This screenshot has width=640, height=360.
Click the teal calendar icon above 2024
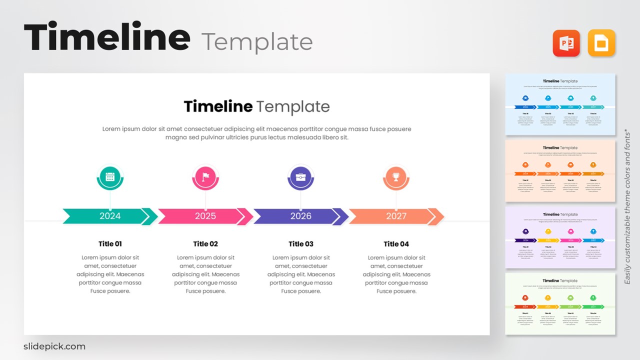click(x=110, y=176)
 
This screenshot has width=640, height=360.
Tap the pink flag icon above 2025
click(x=205, y=176)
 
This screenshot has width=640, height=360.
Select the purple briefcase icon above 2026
click(x=300, y=176)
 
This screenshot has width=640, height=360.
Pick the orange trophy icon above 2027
click(x=396, y=176)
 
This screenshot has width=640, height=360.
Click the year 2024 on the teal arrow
click(x=110, y=216)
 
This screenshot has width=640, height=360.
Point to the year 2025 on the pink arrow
click(x=205, y=216)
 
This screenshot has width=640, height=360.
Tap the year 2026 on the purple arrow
click(x=300, y=216)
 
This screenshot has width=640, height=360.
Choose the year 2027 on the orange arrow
click(x=396, y=216)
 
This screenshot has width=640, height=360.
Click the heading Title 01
click(x=110, y=244)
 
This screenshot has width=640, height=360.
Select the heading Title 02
click(x=205, y=244)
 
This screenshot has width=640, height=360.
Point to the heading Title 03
click(x=301, y=244)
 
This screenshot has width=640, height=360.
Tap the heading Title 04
click(x=396, y=244)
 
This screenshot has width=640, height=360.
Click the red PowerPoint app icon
click(x=566, y=43)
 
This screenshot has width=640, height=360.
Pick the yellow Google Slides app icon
click(x=601, y=43)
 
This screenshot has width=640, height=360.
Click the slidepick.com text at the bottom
click(x=54, y=346)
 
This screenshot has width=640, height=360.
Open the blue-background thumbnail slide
click(x=560, y=104)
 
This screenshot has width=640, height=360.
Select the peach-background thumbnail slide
click(x=560, y=170)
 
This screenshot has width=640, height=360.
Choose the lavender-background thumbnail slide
click(x=560, y=237)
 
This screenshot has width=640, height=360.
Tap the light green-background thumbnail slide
click(x=560, y=303)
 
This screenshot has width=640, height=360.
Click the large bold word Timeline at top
click(x=107, y=38)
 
